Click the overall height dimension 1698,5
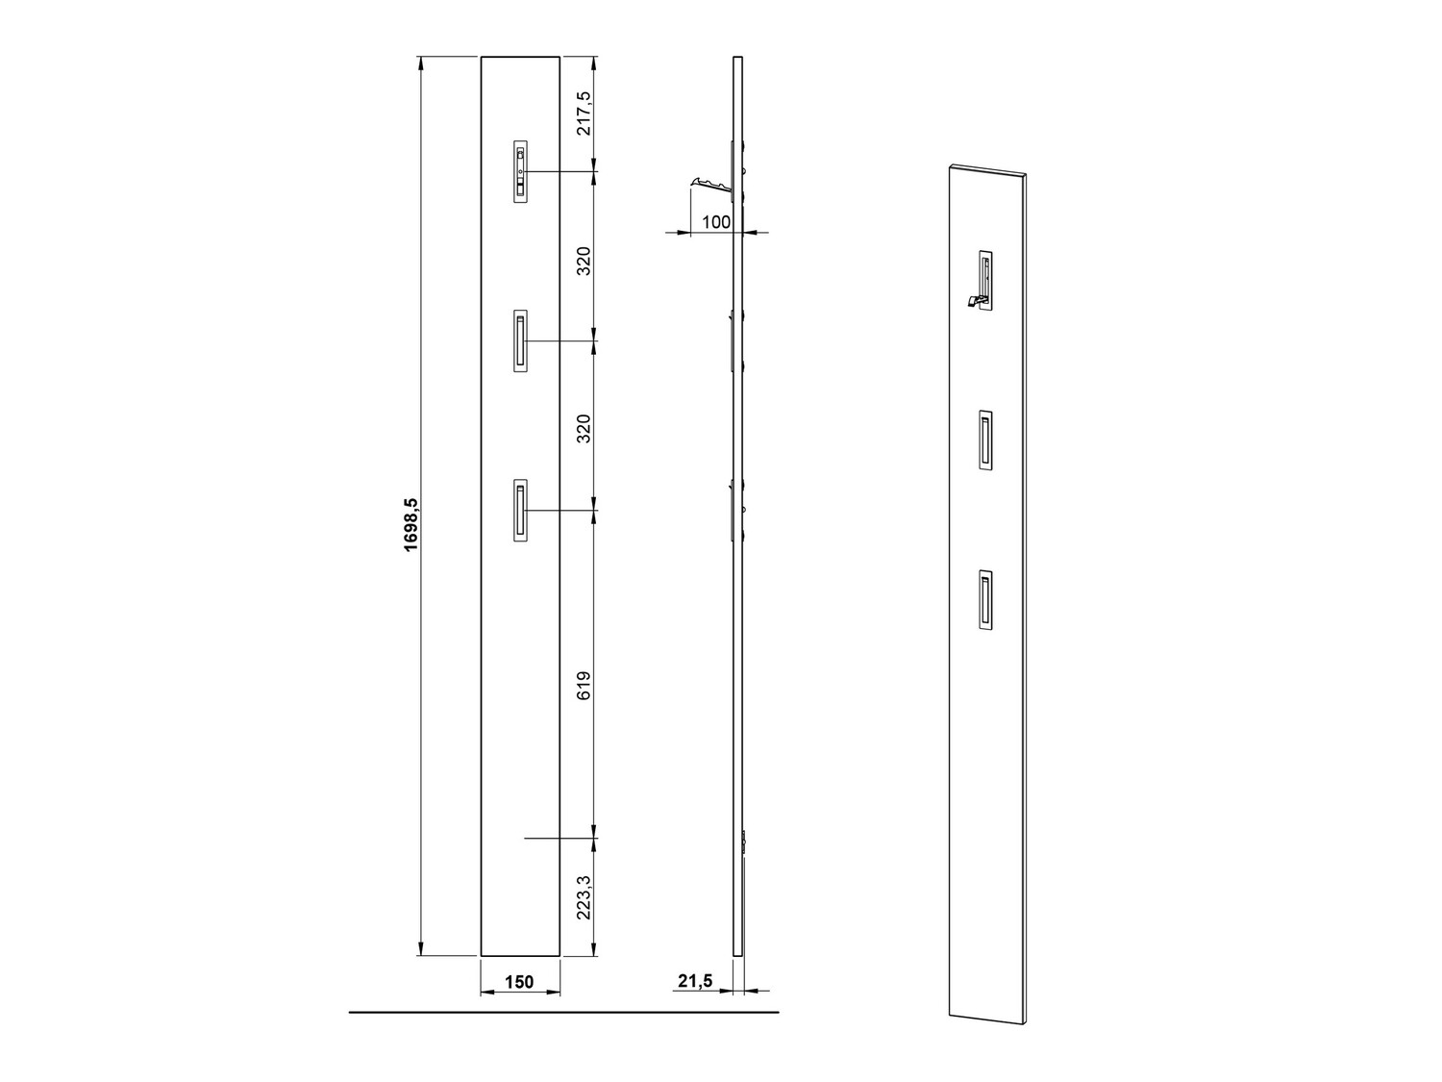coord(410,524)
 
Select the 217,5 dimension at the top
coord(584,113)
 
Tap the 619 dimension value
coord(584,685)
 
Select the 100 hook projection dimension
coord(716,222)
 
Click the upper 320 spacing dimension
coord(584,261)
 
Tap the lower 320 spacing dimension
coord(584,428)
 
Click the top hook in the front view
coord(520,171)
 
